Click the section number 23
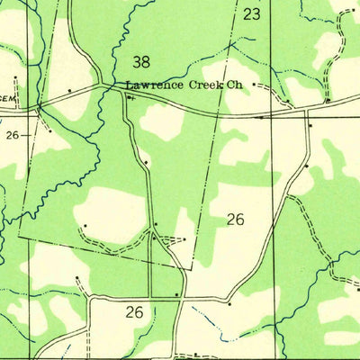(251, 14)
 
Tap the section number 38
(140, 62)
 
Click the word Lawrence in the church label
(155, 85)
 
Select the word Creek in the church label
(205, 85)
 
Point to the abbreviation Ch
(235, 85)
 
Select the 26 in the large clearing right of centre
(236, 219)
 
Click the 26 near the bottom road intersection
(134, 312)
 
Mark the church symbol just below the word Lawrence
(130, 98)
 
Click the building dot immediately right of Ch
(254, 85)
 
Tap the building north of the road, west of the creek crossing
(69, 91)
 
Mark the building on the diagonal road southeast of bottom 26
(229, 304)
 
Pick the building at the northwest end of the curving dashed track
(85, 226)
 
